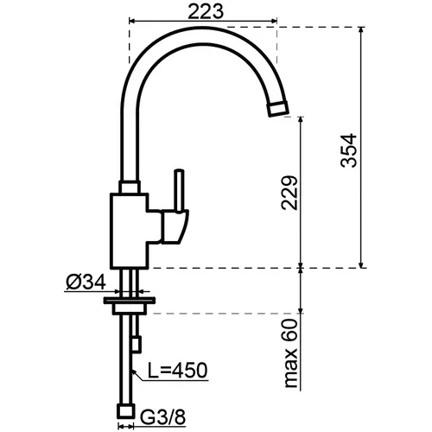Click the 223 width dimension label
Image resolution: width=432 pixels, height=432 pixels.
point(206,12)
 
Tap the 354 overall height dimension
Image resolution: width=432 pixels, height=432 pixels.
point(348,150)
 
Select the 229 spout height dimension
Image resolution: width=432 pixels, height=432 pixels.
point(289,193)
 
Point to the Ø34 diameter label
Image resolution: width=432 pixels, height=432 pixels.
point(86,282)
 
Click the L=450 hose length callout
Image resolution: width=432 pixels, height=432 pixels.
point(177,370)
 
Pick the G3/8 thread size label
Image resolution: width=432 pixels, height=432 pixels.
point(162,416)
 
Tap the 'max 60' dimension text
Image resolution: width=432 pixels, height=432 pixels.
point(290,353)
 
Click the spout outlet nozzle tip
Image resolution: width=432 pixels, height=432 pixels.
point(278,109)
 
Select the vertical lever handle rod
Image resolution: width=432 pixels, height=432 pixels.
point(180,191)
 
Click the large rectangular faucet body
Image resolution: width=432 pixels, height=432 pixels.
point(130,231)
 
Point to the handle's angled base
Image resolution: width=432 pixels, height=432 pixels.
point(175,226)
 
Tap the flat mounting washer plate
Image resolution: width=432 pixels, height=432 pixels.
point(130,301)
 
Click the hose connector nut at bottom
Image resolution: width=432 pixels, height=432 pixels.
point(126,411)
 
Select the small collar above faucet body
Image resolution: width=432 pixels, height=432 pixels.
point(130,187)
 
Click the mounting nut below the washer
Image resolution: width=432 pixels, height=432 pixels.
point(130,308)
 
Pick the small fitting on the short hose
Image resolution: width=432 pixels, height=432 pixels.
point(137,344)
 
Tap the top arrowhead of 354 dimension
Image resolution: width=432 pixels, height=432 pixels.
point(361,30)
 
